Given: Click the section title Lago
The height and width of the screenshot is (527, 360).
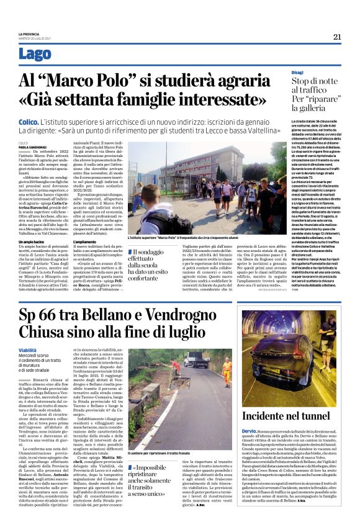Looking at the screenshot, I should pyautogui.click(x=37, y=53).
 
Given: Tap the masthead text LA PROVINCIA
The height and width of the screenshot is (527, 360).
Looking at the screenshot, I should pyautogui.click(x=29, y=34).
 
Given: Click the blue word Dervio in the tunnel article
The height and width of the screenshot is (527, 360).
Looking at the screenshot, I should pyautogui.click(x=250, y=448).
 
